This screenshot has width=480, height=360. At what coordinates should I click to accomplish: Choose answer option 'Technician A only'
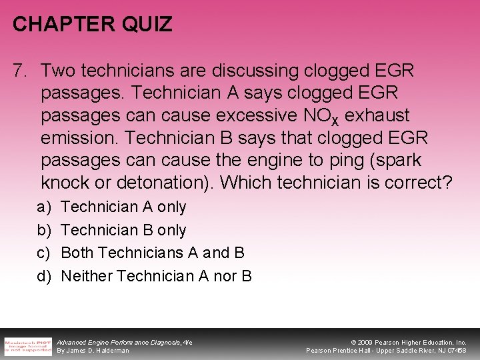[123, 207]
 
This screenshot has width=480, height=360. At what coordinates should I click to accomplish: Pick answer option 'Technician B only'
[123, 230]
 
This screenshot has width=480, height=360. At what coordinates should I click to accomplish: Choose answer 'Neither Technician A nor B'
[156, 275]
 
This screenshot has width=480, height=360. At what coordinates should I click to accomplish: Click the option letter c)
[43, 253]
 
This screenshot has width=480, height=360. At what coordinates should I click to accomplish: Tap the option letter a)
[43, 207]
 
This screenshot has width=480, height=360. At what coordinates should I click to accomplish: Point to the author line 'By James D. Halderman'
[93, 351]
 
